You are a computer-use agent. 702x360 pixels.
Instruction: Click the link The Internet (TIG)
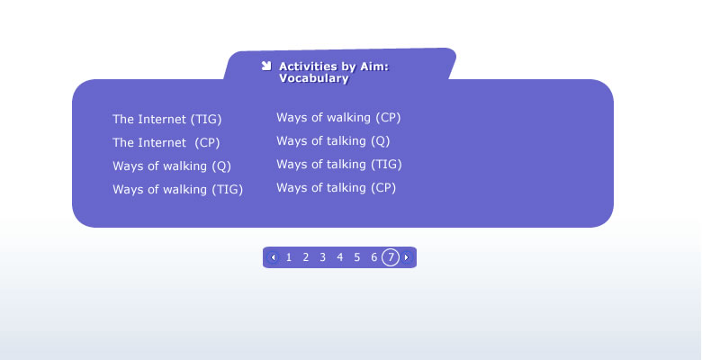[x=167, y=120]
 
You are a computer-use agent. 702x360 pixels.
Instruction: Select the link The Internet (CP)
[x=166, y=143]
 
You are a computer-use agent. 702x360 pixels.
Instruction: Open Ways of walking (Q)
[x=172, y=166]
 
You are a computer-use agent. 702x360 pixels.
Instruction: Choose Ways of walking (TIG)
[x=177, y=189]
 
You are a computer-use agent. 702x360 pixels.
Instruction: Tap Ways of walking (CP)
[x=338, y=118]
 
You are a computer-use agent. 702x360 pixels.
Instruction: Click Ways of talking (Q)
[x=333, y=141]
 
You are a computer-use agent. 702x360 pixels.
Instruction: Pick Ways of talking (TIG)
[x=339, y=165]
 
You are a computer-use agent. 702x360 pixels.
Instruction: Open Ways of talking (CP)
[x=337, y=187]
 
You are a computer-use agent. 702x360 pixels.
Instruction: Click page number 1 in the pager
[x=289, y=257]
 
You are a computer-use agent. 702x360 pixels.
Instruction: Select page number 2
[x=306, y=257]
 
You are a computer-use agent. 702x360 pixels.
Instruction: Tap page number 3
[x=323, y=257]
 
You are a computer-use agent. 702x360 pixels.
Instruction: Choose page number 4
[x=340, y=257]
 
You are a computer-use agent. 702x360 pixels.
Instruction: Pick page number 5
[x=356, y=257]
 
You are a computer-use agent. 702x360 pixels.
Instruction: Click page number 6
[x=373, y=257]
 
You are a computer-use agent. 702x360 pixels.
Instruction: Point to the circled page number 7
[x=391, y=257]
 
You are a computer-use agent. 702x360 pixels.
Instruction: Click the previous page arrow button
[x=273, y=257]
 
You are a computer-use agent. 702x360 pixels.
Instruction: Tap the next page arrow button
[x=407, y=257]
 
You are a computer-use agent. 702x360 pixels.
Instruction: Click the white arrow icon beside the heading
[x=266, y=67]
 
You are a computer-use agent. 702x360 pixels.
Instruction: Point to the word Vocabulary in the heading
[x=314, y=78]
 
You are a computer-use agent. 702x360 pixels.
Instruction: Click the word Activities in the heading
[x=308, y=67]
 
